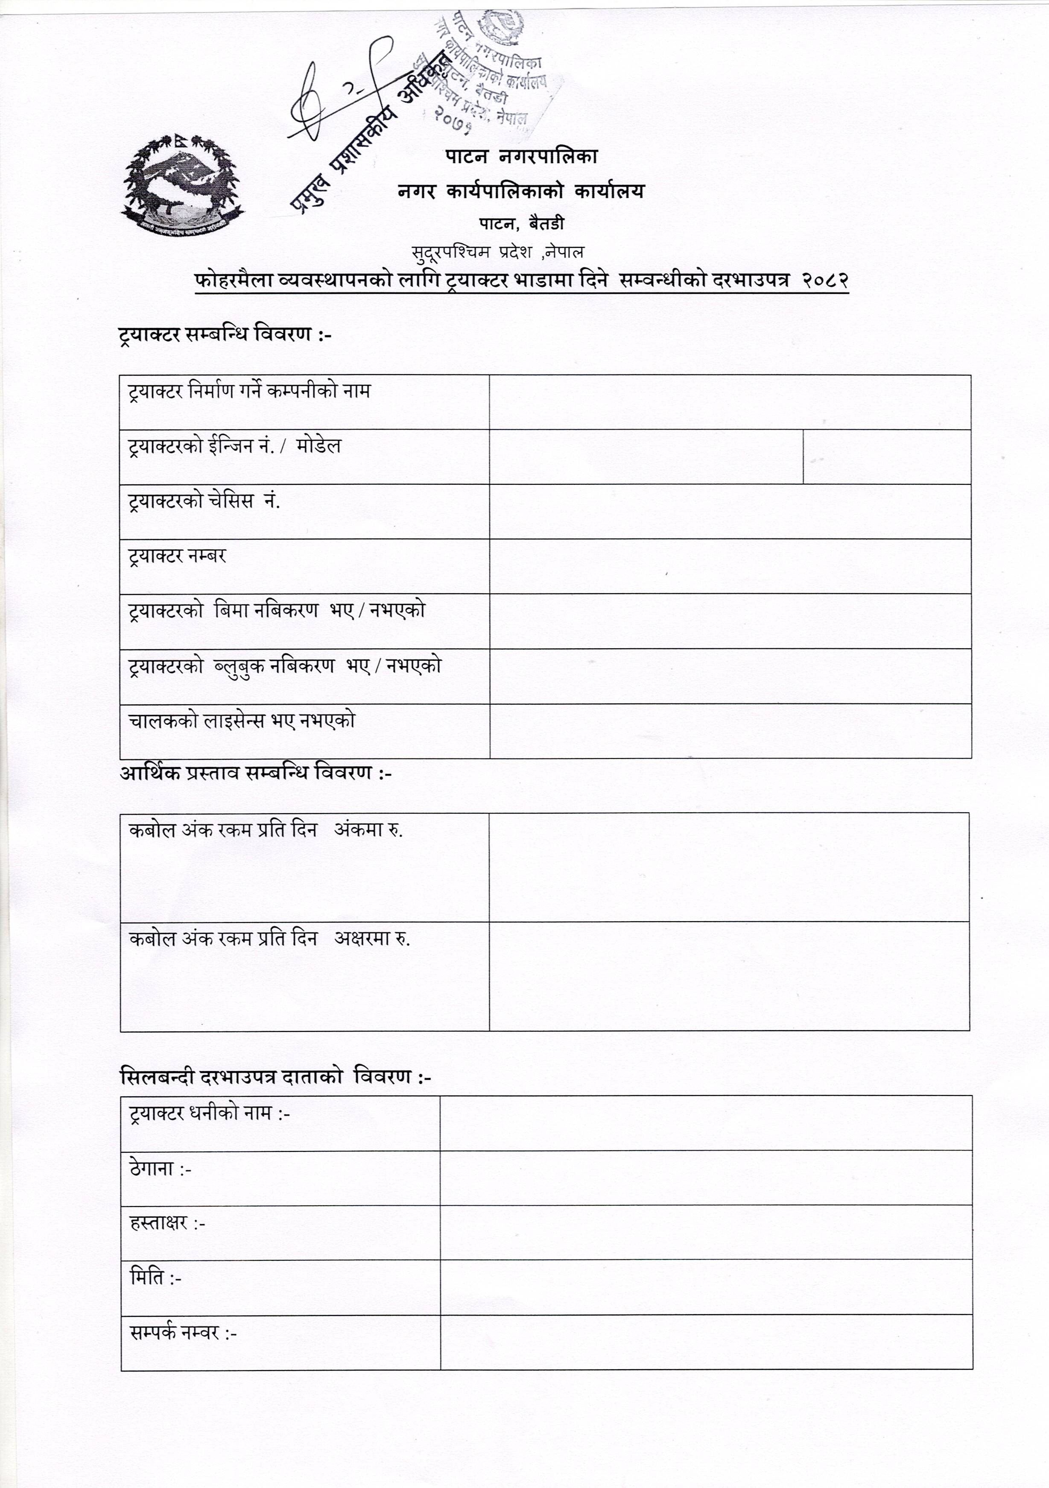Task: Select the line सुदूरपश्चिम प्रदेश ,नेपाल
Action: (498, 252)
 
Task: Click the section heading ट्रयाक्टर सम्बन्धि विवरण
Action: (225, 335)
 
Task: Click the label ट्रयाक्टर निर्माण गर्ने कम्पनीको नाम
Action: (249, 392)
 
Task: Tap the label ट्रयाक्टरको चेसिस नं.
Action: (204, 501)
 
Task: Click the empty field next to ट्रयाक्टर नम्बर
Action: (730, 566)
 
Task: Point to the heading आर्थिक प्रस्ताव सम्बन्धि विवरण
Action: (256, 773)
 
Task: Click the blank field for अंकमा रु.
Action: (729, 867)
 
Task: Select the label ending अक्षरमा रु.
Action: (269, 939)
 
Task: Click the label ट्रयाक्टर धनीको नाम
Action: (209, 1113)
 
